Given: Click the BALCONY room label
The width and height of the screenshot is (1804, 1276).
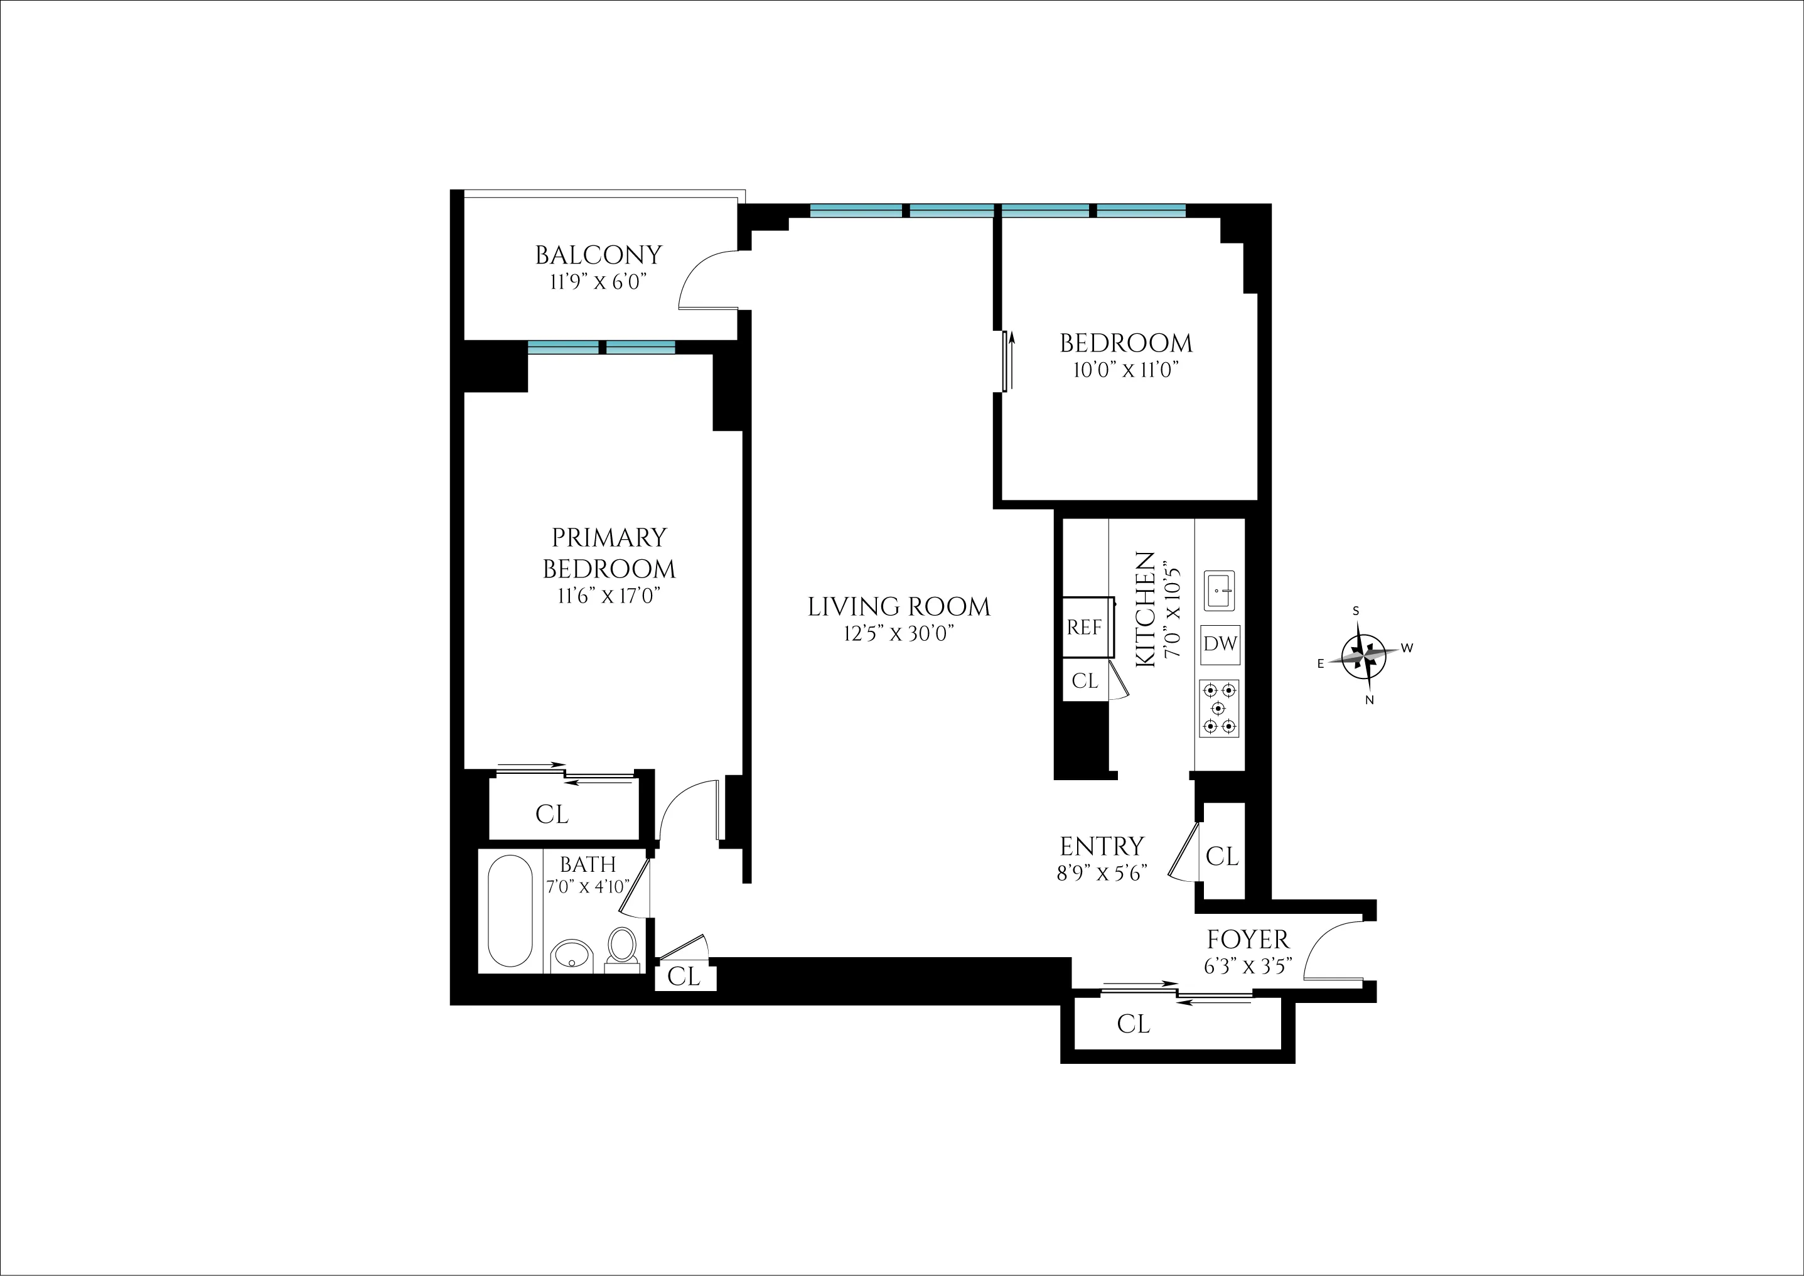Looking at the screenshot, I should (598, 255).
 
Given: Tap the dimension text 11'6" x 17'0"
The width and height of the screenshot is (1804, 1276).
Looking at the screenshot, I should (608, 596).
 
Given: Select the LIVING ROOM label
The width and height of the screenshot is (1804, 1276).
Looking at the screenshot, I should (899, 606).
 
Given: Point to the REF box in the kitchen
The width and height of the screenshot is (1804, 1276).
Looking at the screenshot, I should (1084, 627).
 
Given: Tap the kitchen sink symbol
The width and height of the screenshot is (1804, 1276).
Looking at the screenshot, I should (1220, 590).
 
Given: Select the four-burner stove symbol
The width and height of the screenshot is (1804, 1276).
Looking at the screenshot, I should (1218, 708).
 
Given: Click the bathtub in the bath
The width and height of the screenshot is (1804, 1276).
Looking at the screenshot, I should (510, 911).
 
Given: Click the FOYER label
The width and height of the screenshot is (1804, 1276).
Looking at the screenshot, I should (1248, 940).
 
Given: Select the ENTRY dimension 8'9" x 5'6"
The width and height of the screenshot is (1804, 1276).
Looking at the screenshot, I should (1102, 873).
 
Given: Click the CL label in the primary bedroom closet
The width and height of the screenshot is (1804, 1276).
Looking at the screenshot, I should (552, 815).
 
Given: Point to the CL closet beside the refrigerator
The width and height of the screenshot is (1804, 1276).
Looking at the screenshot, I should (1084, 680).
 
